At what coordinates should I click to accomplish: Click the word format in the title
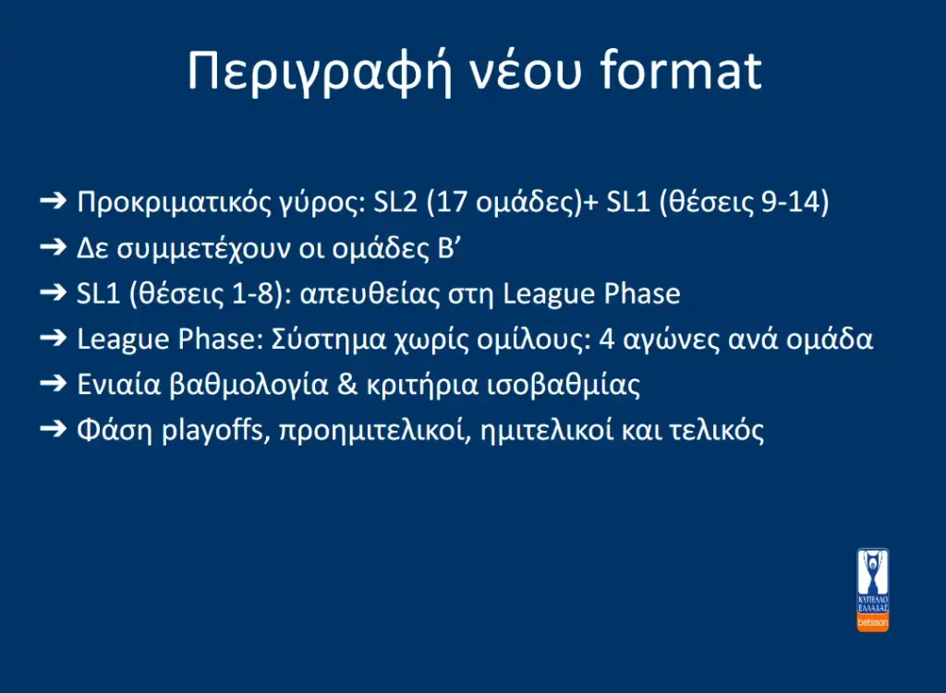coord(681,70)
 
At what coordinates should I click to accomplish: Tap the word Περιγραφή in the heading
coord(319,72)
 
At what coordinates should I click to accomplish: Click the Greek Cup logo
coord(872,590)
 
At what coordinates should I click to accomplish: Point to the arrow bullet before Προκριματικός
coord(53,200)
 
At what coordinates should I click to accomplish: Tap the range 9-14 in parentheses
coord(790,202)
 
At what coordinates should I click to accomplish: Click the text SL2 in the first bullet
coord(395,202)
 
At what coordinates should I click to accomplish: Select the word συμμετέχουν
coord(204,248)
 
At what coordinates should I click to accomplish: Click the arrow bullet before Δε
coord(53,245)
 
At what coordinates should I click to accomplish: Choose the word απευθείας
coord(370,294)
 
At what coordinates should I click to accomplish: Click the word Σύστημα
coord(328,340)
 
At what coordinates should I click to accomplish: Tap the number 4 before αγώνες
coord(606,340)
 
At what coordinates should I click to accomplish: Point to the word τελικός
coord(717,431)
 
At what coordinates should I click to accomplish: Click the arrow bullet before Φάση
coord(53,428)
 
